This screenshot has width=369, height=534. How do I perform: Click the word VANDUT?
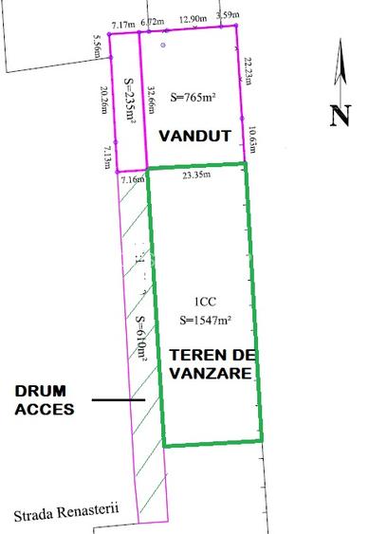point(194,136)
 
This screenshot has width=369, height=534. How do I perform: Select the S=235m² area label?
point(129,101)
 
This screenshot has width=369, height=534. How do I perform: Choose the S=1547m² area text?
point(206,320)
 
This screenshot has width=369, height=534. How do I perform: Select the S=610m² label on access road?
point(140,340)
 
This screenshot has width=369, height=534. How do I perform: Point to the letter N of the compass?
point(340,116)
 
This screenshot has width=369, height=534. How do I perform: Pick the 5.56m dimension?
point(99,47)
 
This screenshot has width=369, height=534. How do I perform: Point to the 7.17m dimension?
point(122,23)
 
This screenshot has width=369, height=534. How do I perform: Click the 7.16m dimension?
point(132,178)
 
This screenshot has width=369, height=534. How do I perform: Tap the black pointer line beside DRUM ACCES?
point(119,400)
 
